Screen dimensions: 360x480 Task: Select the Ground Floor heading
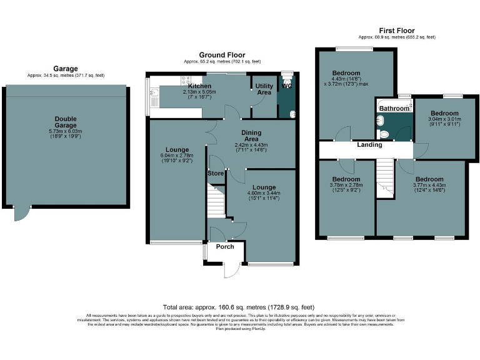222,55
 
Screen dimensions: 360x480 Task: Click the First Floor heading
397,31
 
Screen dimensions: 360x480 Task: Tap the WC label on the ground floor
287,86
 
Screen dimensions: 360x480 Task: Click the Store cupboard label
216,173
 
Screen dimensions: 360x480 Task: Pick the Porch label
224,246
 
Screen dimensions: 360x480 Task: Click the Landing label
369,145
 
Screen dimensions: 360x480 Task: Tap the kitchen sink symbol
153,94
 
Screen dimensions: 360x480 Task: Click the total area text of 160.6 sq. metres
239,307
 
